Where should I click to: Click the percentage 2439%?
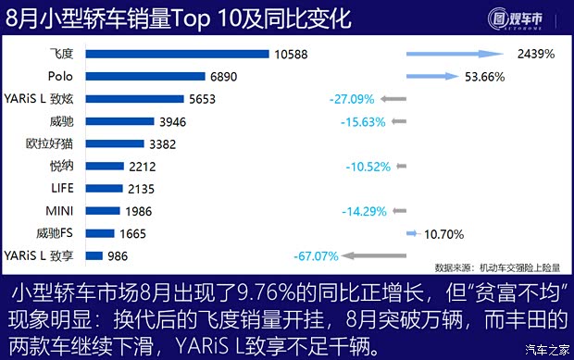tap(536, 55)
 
